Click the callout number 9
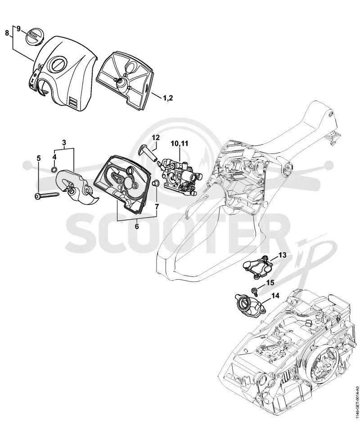(x=18, y=28)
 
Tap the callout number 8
(x=7, y=33)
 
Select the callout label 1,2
(x=168, y=98)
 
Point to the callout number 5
(x=39, y=158)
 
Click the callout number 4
(x=54, y=157)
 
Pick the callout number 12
(x=156, y=137)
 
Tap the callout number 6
(x=137, y=226)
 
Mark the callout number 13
(x=283, y=255)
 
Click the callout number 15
(x=270, y=283)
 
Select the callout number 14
(x=275, y=296)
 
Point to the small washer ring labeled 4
(x=54, y=169)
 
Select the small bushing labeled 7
(x=155, y=183)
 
